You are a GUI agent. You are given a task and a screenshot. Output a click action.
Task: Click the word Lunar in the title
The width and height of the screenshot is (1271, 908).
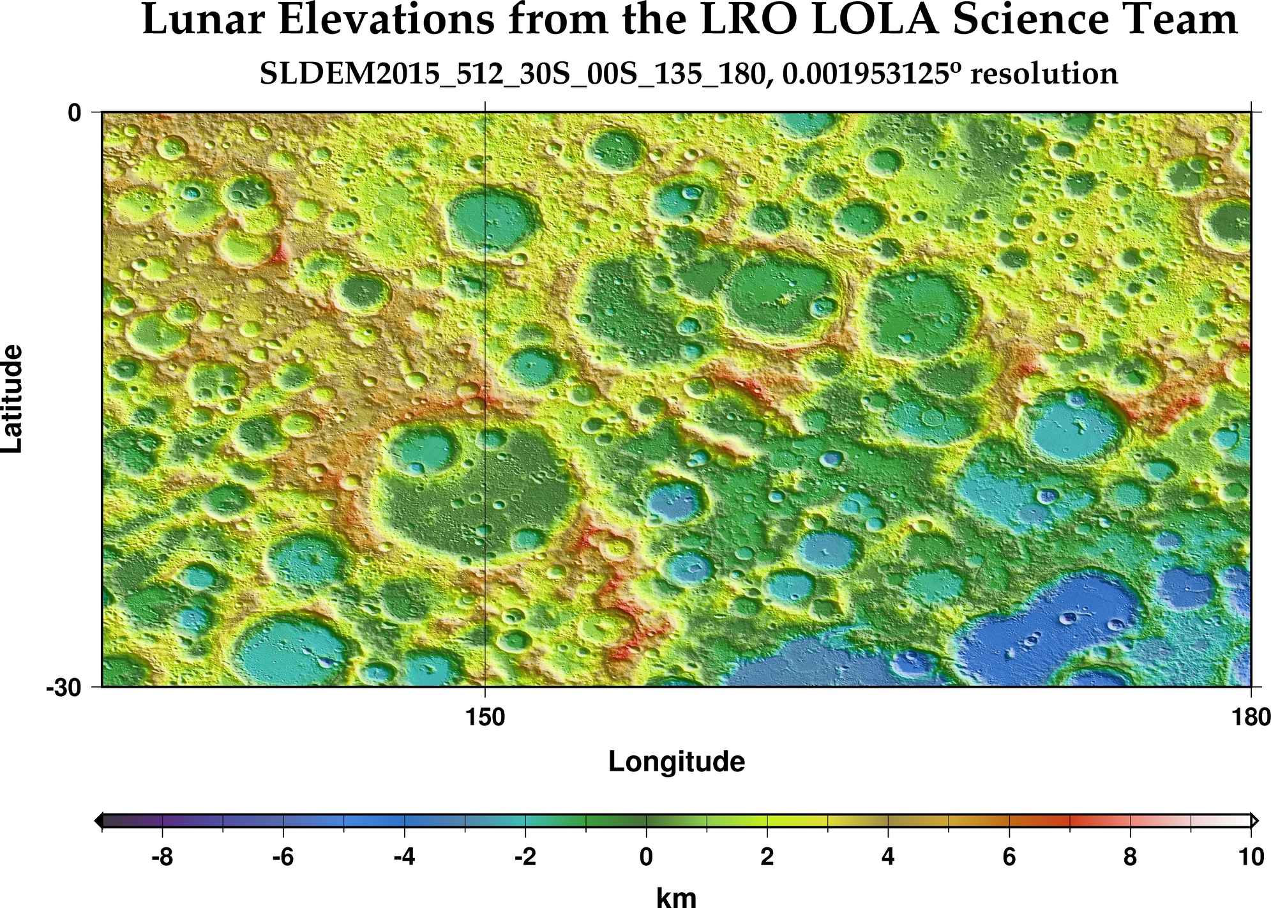pos(200,20)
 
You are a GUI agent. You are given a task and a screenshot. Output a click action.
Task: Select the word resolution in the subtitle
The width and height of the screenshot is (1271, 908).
pos(1043,74)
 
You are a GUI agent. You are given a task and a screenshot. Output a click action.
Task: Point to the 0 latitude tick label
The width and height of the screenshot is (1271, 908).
pos(75,113)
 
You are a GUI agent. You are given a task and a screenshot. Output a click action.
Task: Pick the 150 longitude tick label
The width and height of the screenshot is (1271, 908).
pos(485,718)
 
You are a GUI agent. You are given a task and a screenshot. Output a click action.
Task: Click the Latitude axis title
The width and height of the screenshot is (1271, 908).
pos(13,399)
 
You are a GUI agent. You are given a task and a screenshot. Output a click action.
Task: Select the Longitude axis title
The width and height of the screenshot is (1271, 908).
pos(676,762)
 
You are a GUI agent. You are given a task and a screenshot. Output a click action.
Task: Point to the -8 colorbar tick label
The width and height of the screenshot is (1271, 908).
pos(162,857)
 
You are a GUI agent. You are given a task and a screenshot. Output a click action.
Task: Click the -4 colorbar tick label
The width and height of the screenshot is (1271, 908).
pos(404,857)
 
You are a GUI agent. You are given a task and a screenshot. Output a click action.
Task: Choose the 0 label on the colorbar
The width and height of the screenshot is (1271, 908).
pos(646,857)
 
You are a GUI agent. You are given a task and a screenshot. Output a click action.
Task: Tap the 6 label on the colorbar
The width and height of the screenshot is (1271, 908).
pos(1009,857)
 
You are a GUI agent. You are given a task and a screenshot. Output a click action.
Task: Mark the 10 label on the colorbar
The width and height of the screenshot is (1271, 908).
pos(1250,857)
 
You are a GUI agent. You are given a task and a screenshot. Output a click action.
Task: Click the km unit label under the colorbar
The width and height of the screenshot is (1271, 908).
pos(676,897)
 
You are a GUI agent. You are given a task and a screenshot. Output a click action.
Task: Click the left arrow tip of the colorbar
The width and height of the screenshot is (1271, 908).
pos(97,821)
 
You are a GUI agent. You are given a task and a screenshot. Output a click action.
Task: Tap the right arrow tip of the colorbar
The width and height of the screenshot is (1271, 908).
pos(1256,821)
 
